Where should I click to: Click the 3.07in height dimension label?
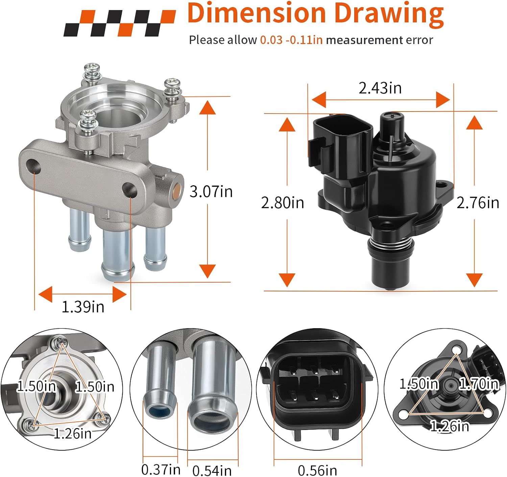click(x=211, y=192)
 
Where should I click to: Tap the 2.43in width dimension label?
click(x=380, y=88)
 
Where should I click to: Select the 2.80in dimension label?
click(x=283, y=203)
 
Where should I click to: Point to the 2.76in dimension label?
click(x=478, y=203)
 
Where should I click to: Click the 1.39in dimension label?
click(x=83, y=307)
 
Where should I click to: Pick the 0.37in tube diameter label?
click(x=161, y=469)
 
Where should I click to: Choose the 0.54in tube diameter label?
click(x=212, y=470)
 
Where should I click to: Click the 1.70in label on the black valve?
click(x=479, y=384)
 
